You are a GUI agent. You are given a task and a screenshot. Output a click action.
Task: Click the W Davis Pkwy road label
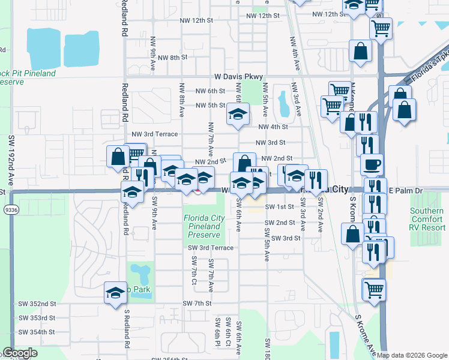[239, 77]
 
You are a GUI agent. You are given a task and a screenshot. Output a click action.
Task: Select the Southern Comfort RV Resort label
[427, 219]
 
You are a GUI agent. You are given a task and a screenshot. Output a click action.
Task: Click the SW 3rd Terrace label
[210, 248]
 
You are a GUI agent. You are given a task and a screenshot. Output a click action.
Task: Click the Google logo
[20, 353]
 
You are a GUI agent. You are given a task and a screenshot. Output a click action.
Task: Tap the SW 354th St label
[37, 332]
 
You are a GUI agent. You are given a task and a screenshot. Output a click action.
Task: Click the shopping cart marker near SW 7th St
[374, 289]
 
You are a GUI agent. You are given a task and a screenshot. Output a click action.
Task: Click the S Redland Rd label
[127, 329]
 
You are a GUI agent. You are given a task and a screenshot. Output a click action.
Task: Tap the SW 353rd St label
[37, 318]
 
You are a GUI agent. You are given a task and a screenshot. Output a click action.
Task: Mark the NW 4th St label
[273, 127]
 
